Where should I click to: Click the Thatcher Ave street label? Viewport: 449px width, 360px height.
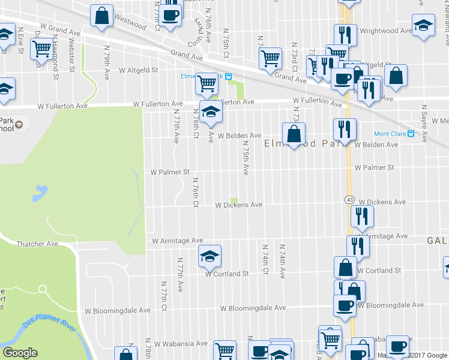point(37,244)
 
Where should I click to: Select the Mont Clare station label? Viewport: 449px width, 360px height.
point(390,134)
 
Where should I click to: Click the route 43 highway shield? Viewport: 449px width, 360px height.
point(349,199)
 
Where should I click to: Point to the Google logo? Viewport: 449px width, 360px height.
point(20,353)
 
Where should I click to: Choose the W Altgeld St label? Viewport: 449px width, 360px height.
point(137,70)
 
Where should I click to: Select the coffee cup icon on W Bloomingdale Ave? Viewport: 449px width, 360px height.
point(345,305)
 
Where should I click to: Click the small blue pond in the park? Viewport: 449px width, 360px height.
point(40,193)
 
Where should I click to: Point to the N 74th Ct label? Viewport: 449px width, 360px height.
point(265,259)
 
